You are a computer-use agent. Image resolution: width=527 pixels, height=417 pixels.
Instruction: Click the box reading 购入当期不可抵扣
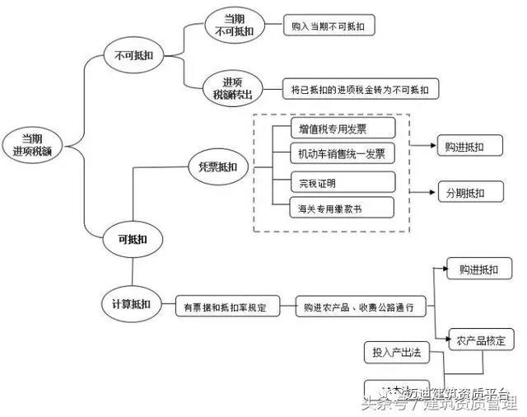click(x=327, y=26)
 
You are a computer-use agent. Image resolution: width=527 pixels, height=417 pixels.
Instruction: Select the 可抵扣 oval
click(x=133, y=240)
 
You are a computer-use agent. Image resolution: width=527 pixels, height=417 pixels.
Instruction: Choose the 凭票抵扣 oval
click(x=217, y=167)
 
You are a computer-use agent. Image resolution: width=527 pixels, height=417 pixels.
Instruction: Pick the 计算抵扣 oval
click(x=131, y=304)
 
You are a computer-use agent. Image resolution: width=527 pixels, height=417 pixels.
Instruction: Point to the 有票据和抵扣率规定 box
click(x=226, y=307)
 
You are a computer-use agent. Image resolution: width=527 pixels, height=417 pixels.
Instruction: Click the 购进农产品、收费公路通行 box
click(x=362, y=307)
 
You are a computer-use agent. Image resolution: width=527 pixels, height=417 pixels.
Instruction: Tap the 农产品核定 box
click(x=481, y=339)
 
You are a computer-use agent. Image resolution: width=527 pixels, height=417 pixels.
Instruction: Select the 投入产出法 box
click(x=396, y=352)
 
